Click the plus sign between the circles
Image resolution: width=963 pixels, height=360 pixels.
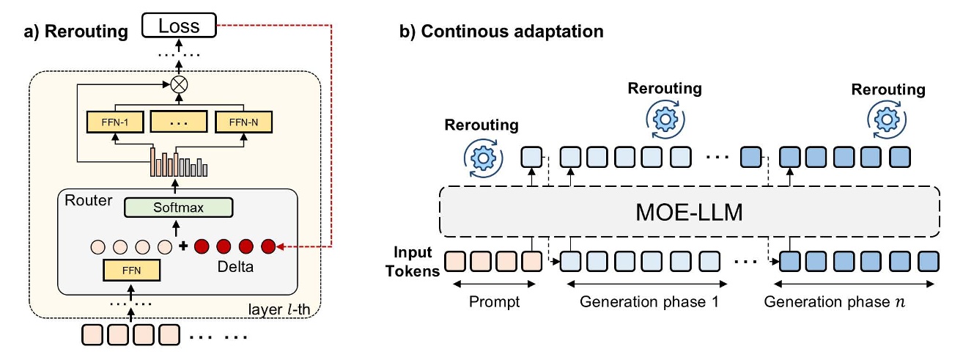pyautogui.click(x=183, y=244)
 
